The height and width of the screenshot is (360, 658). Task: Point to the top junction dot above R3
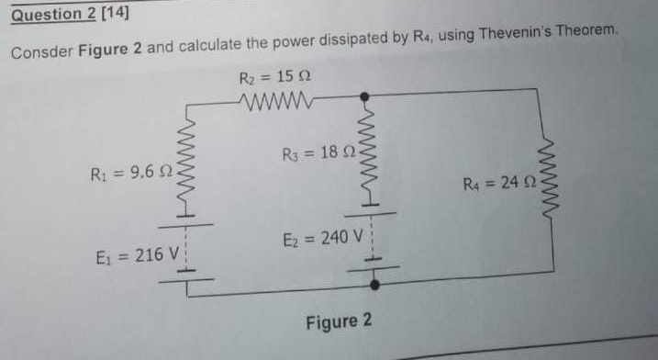click(x=365, y=96)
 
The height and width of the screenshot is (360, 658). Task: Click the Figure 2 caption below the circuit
click(x=340, y=322)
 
